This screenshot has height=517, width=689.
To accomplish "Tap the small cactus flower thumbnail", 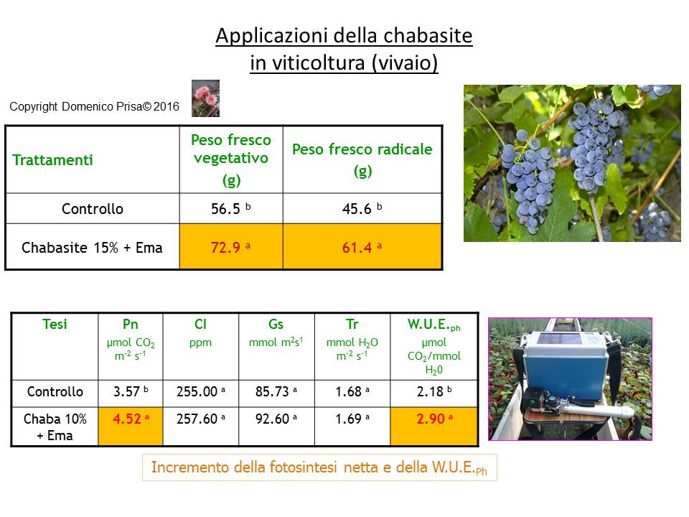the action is coord(205,98).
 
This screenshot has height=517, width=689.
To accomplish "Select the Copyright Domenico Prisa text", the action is coord(94,106).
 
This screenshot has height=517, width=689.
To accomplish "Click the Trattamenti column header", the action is coord(52,160).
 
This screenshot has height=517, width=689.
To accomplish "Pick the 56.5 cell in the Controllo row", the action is coord(231,208).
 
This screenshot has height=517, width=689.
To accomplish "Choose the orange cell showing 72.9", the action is coord(231,246).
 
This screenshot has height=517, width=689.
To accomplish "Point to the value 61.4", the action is coord(362,248).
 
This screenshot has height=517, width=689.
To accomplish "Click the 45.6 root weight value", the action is coord(362,208).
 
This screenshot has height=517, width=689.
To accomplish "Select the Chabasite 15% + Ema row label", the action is coord(92,248).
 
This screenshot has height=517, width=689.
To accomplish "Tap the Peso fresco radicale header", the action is coord(362,159).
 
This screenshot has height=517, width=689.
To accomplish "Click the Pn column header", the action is coord(131,324).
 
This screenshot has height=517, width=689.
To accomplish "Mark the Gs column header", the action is coord(276,324).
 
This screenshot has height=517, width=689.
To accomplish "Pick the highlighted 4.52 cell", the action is coord(131,426).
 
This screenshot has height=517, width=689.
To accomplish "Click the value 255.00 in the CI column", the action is coord(201,391).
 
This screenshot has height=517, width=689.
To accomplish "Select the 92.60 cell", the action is coord(276,419).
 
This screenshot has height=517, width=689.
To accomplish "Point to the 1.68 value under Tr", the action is coord(352,391).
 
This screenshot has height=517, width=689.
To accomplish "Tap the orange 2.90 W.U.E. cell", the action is coord(434,426).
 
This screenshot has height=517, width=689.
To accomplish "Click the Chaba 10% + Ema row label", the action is coord(55,427).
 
